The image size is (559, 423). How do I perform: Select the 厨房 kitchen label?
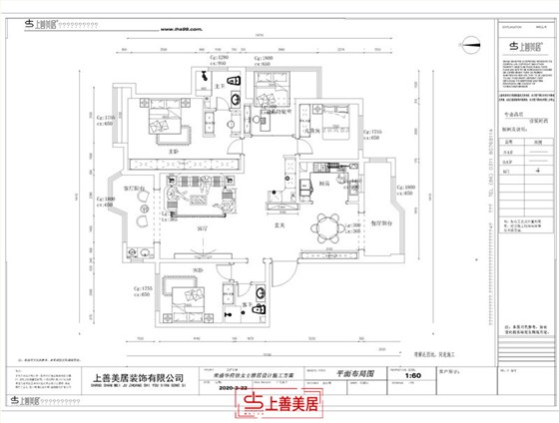(x=324, y=184)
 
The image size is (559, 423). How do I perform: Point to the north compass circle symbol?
(x=471, y=42)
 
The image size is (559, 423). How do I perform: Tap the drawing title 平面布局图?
(x=355, y=369)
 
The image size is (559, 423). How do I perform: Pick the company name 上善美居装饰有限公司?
(x=138, y=378)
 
